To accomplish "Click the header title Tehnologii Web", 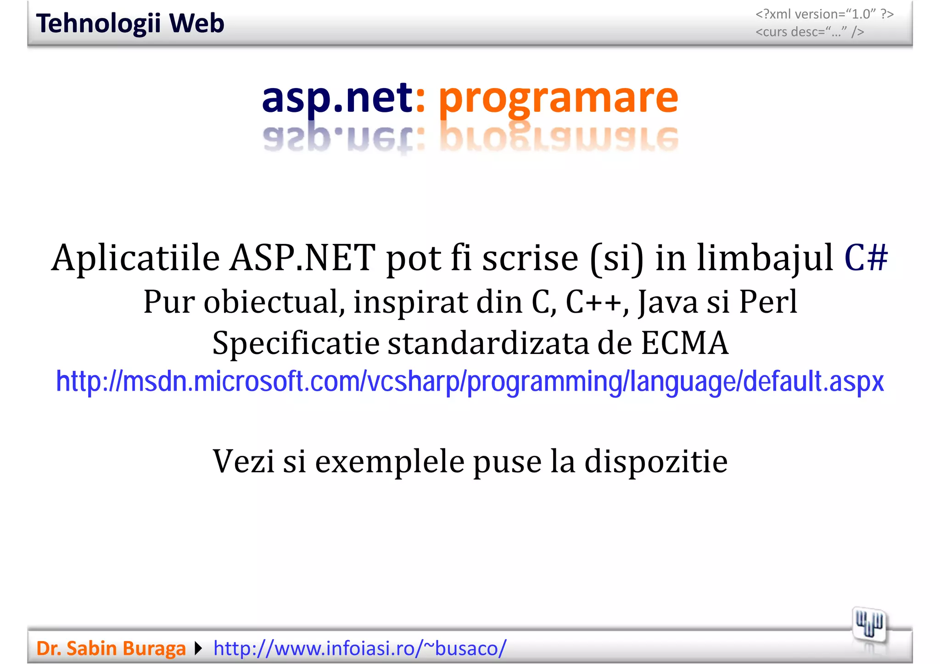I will pyautogui.click(x=130, y=23).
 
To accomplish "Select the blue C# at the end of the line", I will pyautogui.click(x=866, y=258).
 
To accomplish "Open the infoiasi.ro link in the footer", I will pyautogui.click(x=360, y=648).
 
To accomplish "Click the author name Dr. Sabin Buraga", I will pyautogui.click(x=111, y=648).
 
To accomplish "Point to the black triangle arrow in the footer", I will pyautogui.click(x=198, y=648).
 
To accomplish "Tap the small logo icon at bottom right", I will pyautogui.click(x=869, y=625).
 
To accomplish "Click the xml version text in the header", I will pyautogui.click(x=824, y=14).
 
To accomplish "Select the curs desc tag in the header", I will pyautogui.click(x=810, y=32).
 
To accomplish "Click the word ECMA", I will pyautogui.click(x=684, y=343).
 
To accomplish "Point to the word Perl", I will pyautogui.click(x=768, y=302).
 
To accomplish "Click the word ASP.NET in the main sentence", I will pyautogui.click(x=302, y=258).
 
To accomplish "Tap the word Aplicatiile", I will pyautogui.click(x=136, y=258).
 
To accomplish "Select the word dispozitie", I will pyautogui.click(x=656, y=461).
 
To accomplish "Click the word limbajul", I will pyautogui.click(x=765, y=258).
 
